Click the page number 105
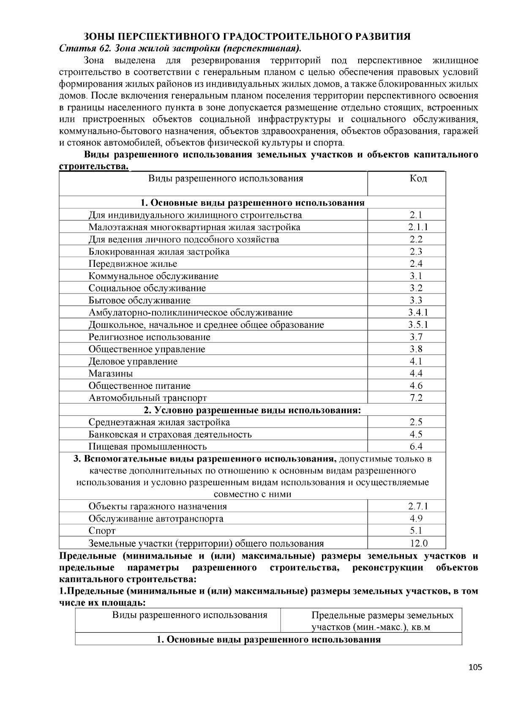coord(475,668)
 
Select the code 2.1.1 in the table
coord(418,227)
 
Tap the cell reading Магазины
coord(111,373)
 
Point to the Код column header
coord(418,178)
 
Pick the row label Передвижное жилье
coord(133,264)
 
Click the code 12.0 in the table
coord(419,543)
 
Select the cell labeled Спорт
coord(102,531)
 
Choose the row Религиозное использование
coord(149,337)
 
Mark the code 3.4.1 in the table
coord(418,312)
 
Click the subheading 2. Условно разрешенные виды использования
coord(252,410)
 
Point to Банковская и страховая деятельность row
coord(170,434)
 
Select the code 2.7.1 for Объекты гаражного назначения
coord(418,507)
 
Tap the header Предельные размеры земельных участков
coord(382,621)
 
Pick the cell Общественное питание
coord(139,386)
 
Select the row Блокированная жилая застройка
coord(159,252)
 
